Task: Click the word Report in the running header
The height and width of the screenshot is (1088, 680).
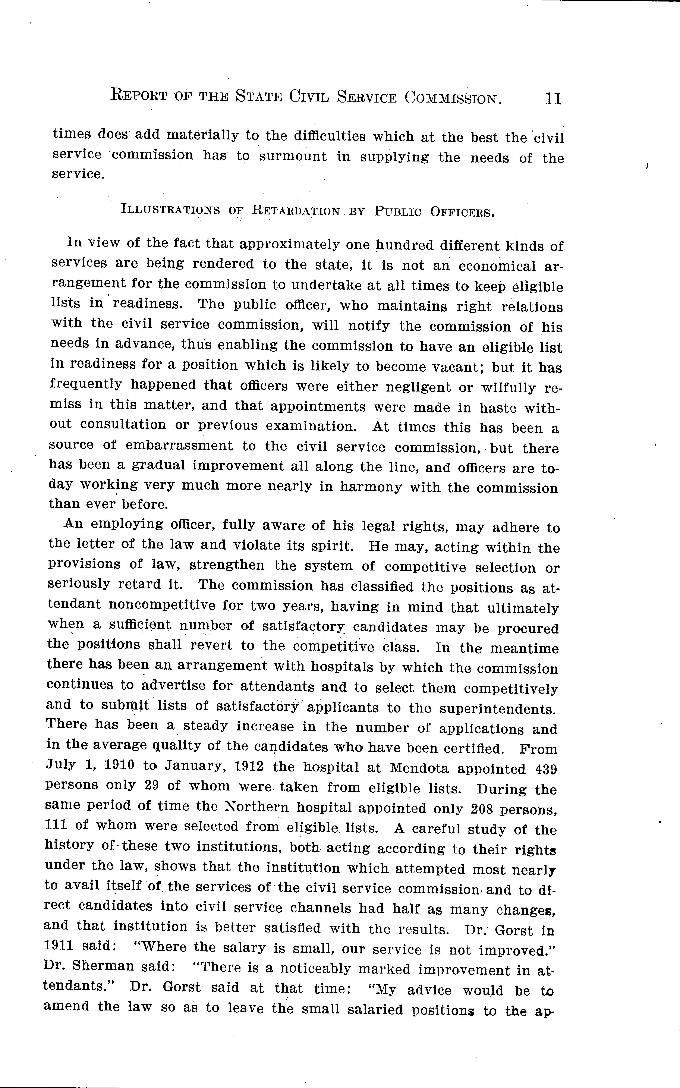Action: click(139, 96)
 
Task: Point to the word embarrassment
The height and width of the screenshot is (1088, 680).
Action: click(179, 446)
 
